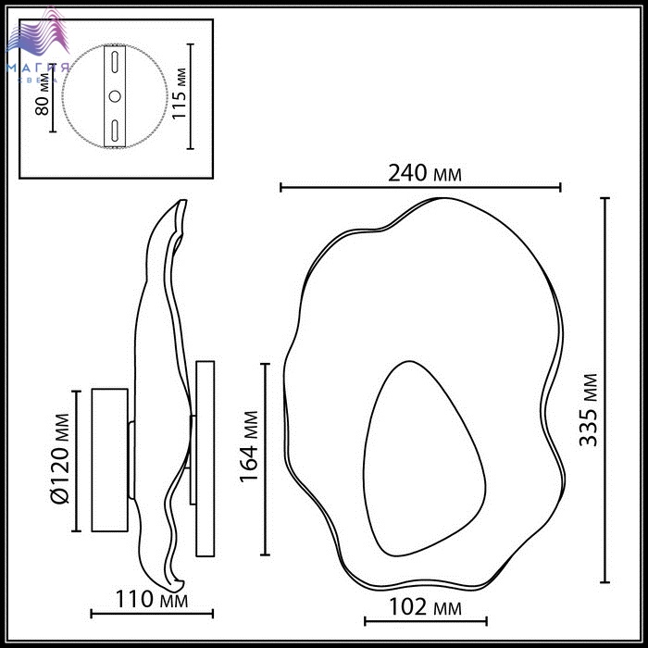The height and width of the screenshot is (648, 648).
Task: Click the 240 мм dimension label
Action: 424,174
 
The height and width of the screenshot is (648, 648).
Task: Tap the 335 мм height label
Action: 589,410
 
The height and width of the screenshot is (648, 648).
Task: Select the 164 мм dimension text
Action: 249,447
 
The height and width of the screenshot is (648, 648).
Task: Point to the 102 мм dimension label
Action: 425,607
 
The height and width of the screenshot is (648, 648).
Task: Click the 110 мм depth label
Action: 151,599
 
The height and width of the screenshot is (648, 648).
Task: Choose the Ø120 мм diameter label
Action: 59,459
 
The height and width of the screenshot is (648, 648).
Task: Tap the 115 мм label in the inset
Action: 179,93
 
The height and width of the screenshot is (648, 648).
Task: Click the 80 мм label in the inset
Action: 42,95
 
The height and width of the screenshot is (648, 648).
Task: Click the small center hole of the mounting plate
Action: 115,96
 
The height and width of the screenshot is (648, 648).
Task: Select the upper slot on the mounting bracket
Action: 115,62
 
